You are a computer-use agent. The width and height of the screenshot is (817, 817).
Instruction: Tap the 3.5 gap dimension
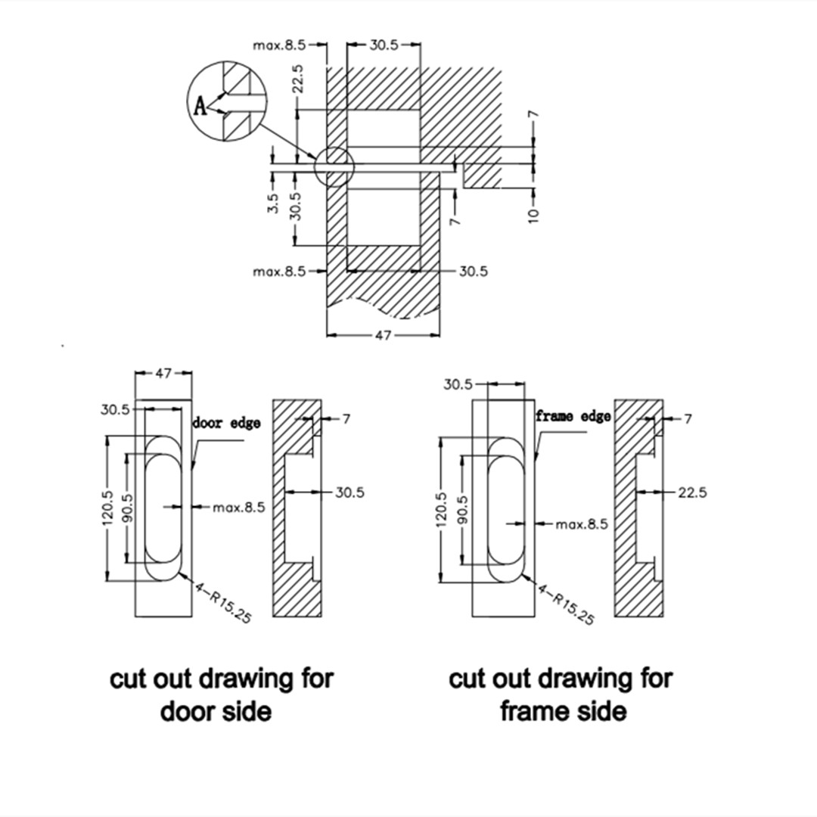[x=274, y=203]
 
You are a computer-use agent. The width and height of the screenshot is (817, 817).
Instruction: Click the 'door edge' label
[x=226, y=423]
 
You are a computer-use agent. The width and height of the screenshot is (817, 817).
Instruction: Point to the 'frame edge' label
[x=573, y=416]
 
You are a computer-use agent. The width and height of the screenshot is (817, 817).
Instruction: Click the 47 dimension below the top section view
[x=384, y=335]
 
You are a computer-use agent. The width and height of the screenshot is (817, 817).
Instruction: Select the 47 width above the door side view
[x=163, y=373]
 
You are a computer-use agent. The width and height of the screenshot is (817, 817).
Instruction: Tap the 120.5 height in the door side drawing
[x=108, y=508]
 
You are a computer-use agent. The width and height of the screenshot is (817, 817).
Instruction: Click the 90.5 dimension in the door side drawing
[x=127, y=508]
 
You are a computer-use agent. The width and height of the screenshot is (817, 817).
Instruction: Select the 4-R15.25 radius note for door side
[x=223, y=601]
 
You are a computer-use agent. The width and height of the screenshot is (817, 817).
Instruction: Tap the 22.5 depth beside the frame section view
[x=692, y=492]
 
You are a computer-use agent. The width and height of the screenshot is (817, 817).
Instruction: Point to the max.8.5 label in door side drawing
[x=239, y=507]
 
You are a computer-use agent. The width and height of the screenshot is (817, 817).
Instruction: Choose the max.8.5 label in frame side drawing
[x=582, y=523]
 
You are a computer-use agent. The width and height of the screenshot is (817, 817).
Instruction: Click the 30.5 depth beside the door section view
[x=349, y=492]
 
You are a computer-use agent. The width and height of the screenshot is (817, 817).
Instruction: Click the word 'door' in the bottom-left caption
[x=185, y=711]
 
